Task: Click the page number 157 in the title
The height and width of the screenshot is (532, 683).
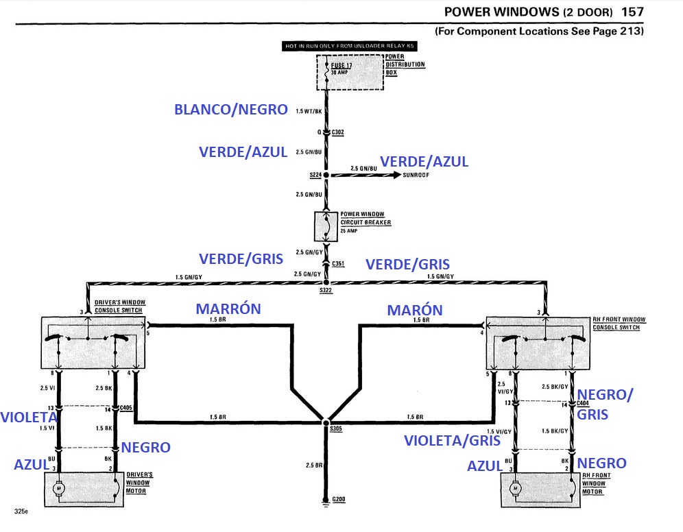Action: point(632,12)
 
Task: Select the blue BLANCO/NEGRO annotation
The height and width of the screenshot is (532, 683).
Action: point(230,110)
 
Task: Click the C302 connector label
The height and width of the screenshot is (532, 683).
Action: point(338,132)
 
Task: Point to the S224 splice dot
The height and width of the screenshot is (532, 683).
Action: point(326,176)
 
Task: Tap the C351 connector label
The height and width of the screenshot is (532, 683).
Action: point(338,263)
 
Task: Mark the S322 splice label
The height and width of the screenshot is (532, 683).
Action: point(325,291)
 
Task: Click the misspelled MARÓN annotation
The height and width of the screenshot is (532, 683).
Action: point(415,310)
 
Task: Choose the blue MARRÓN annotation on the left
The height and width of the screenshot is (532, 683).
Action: point(228,309)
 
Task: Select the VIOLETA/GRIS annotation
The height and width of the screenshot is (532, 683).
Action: point(452,440)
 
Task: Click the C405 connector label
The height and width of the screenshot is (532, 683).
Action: point(125,409)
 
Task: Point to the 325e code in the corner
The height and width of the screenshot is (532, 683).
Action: point(21,511)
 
